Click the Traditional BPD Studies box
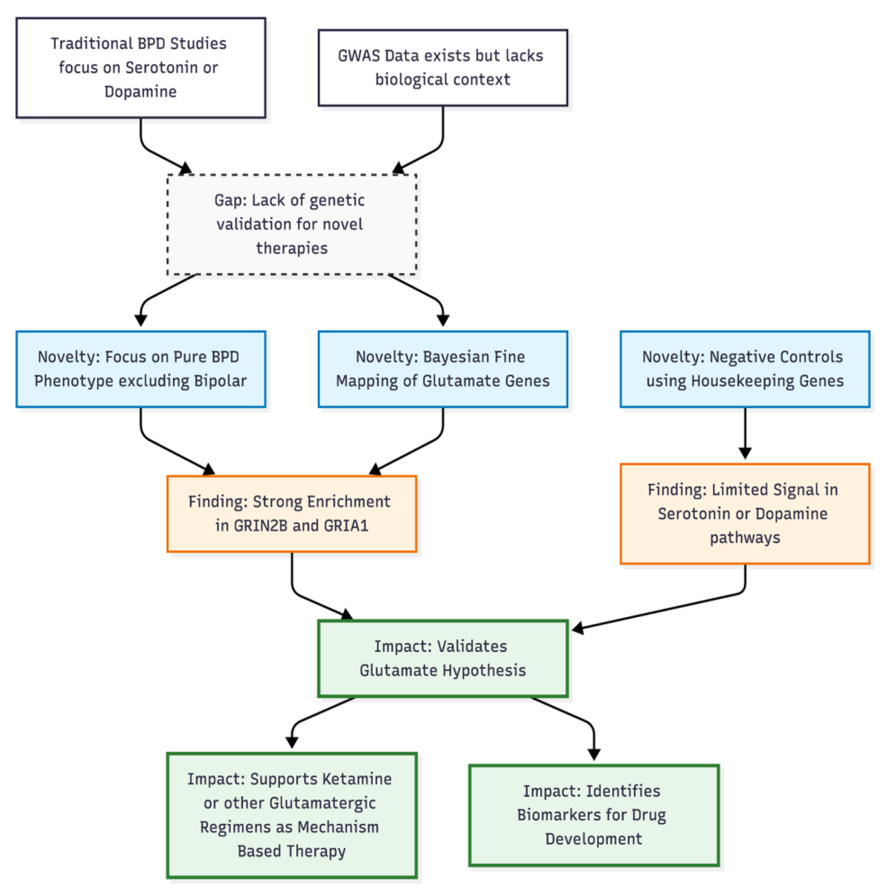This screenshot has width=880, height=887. tap(141, 68)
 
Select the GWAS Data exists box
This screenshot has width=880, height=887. tap(442, 68)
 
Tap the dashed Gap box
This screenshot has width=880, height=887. tap(291, 225)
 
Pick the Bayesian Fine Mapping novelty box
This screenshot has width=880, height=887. tap(442, 369)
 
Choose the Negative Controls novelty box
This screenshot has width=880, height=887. tap(744, 369)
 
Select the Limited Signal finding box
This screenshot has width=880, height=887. tap(744, 514)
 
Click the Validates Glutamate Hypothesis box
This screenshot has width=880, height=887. tap(442, 659)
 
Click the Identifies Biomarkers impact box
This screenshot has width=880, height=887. tap(593, 815)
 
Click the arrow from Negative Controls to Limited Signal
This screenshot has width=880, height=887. tap(744, 434)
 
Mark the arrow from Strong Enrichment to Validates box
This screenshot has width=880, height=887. tap(303, 597)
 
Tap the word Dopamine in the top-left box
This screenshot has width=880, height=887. tap(141, 92)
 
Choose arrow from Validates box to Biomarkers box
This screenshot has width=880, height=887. tap(579, 718)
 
